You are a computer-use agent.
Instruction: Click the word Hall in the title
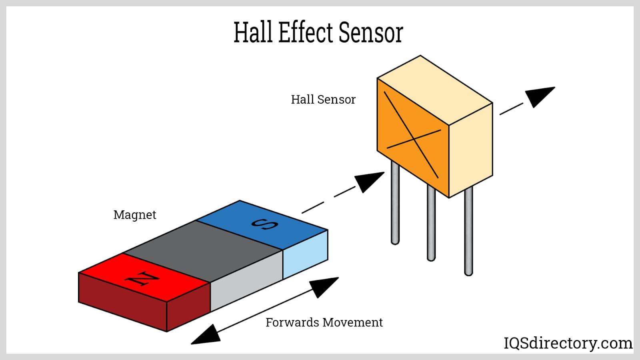254,32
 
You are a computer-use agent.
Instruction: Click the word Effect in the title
305,32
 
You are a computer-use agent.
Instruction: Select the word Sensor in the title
370,32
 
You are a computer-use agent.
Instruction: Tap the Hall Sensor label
323,100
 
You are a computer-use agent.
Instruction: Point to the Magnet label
135,215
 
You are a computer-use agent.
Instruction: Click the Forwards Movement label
324,322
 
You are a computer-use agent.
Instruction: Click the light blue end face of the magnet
305,255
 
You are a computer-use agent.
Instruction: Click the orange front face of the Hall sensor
412,136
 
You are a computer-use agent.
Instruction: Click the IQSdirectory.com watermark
568,343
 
